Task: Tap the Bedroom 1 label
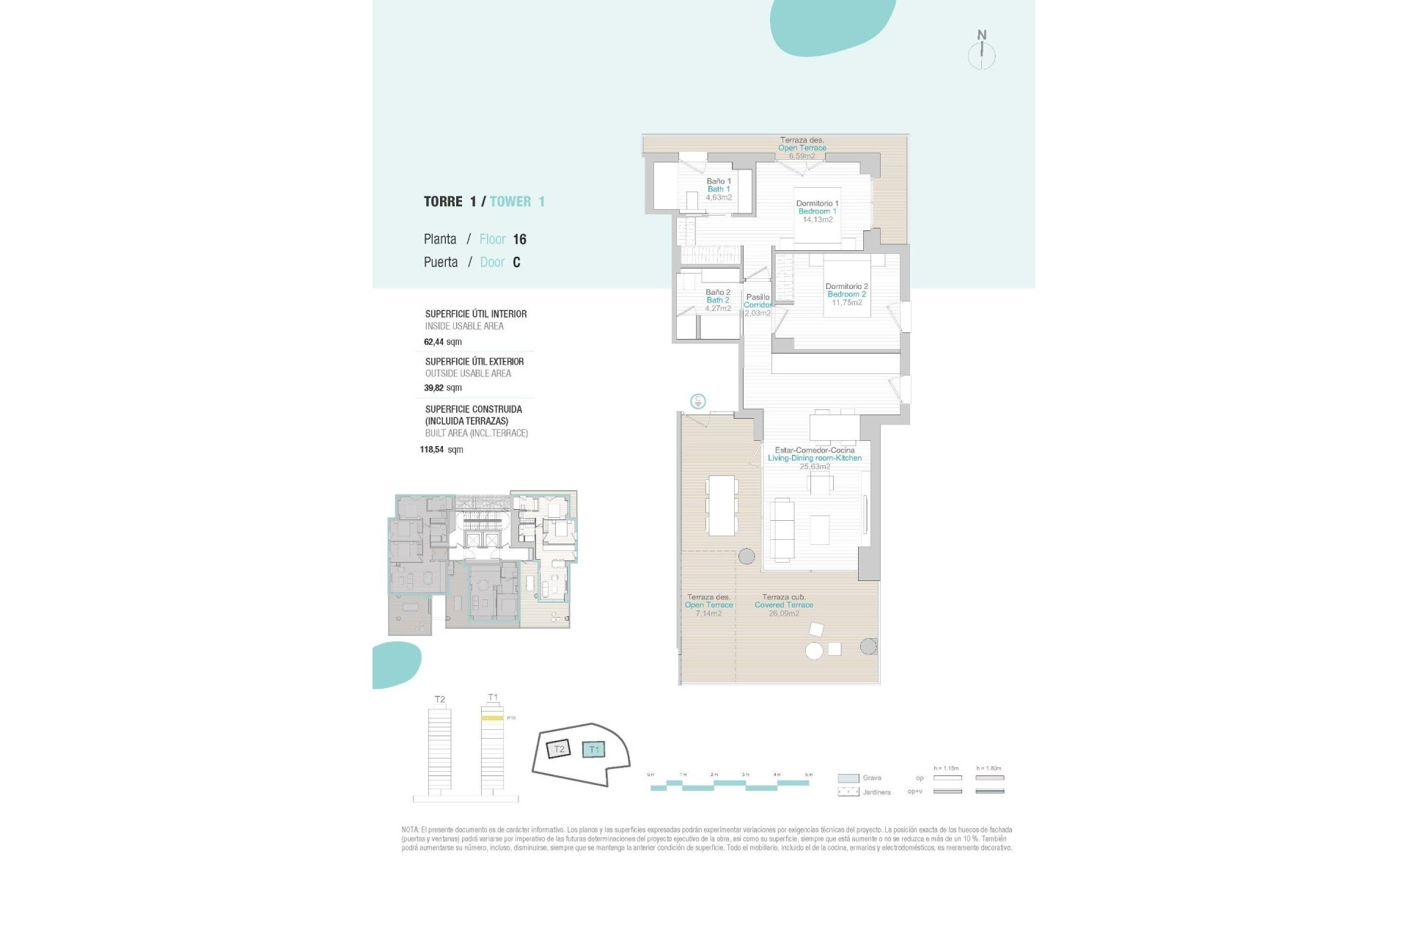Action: tap(817, 211)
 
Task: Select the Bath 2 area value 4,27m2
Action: tap(718, 309)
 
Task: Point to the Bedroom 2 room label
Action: tap(846, 294)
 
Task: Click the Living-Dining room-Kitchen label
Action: tap(815, 458)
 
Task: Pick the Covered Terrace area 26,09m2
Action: tap(783, 613)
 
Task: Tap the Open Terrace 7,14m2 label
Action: tap(708, 605)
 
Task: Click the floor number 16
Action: tap(519, 239)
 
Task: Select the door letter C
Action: tap(516, 263)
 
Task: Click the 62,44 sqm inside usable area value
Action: tap(443, 342)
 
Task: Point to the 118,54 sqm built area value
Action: tap(441, 450)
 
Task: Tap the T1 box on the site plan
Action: tap(594, 749)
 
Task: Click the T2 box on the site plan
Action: tap(559, 749)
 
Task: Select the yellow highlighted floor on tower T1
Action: tap(492, 718)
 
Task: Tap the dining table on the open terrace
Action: tap(722, 505)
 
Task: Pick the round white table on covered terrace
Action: tap(814, 651)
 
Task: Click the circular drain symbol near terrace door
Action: tap(698, 401)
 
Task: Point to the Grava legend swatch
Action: tap(848, 778)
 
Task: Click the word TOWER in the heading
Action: tap(510, 202)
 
